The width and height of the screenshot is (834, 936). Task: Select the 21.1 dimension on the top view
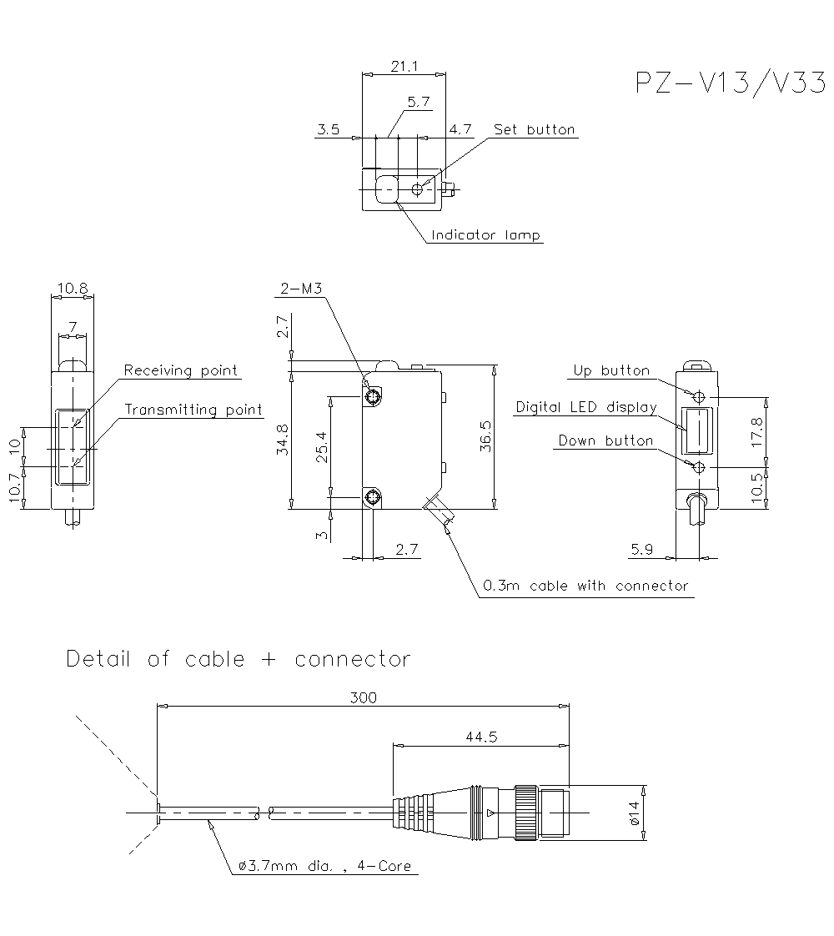coord(404,67)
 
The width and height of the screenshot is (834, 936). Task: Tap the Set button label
coord(534,129)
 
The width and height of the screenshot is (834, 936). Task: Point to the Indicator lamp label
coord(485,235)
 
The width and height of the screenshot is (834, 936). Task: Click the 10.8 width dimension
coord(72,289)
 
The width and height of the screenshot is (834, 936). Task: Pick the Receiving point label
coord(181,370)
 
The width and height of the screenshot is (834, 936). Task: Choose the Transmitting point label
coord(193,410)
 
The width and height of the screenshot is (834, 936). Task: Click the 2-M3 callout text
coord(300,289)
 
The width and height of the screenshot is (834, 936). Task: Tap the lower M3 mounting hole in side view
coord(373,499)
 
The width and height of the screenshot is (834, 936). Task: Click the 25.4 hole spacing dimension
coord(321,446)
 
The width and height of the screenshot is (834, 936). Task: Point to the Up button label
coord(611,370)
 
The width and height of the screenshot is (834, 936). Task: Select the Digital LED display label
coord(585,407)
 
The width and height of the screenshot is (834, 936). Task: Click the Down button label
coord(605,440)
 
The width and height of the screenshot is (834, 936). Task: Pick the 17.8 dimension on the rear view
coord(757,432)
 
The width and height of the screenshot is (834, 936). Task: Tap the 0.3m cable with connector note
coord(585,586)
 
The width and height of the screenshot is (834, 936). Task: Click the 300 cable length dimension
coord(363,697)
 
